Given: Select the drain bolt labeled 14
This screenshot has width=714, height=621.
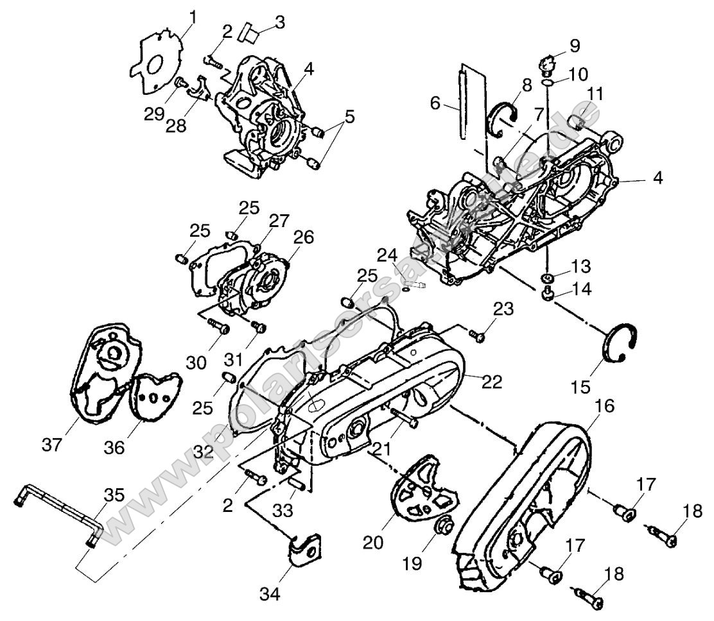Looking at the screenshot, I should (x=548, y=294).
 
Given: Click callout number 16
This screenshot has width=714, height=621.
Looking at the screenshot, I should (x=607, y=406).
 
